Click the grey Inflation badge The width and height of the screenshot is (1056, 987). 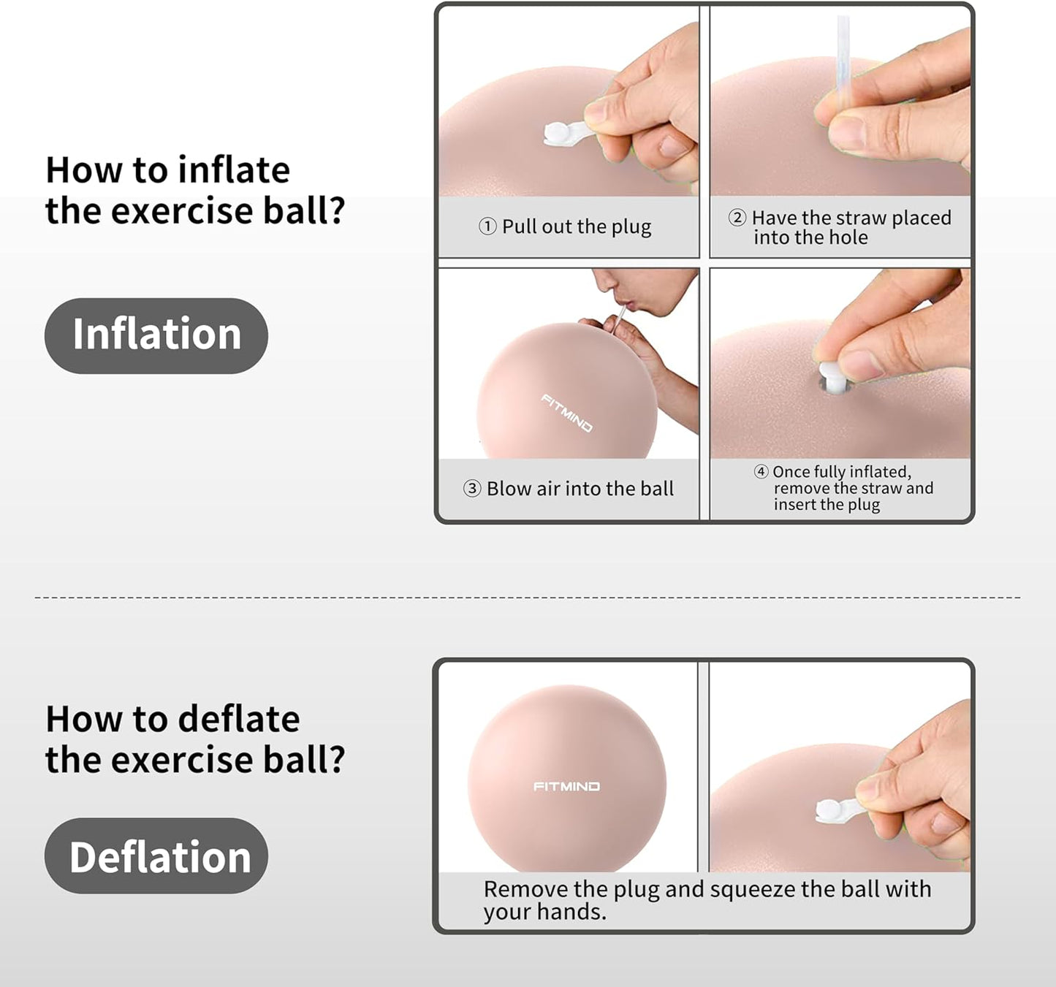pyautogui.click(x=156, y=335)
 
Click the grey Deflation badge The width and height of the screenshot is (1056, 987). pyautogui.click(x=156, y=855)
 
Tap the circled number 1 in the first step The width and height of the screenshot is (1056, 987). pyautogui.click(x=487, y=226)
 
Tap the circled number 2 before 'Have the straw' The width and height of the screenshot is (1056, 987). pyautogui.click(x=737, y=218)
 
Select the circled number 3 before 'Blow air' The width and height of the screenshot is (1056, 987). pyautogui.click(x=472, y=489)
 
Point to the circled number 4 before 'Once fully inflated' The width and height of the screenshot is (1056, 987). pyautogui.click(x=761, y=472)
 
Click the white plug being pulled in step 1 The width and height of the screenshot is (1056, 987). pyautogui.click(x=559, y=133)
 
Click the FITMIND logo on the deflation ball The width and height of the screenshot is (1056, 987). pyautogui.click(x=566, y=787)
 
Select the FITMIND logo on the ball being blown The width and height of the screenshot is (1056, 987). pyautogui.click(x=567, y=413)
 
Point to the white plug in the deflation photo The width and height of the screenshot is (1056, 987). pyautogui.click(x=830, y=809)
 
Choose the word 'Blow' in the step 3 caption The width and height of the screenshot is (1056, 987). pyautogui.click(x=509, y=489)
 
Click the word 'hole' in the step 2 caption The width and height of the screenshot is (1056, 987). pyautogui.click(x=848, y=237)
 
